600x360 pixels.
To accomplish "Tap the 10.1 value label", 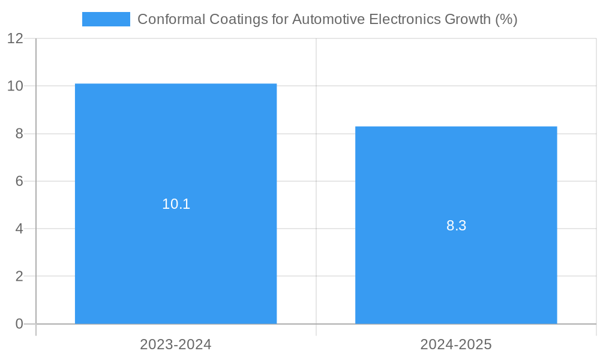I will point(176,204).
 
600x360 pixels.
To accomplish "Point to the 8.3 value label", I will point(456,226).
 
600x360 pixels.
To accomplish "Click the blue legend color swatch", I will point(106,19).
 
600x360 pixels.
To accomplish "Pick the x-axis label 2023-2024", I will point(176,344).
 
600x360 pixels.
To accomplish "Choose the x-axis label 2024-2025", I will point(456,344).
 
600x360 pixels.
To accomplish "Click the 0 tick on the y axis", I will point(19,324).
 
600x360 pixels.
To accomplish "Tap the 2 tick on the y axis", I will point(19,277).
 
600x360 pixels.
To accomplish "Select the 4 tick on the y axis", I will point(19,229).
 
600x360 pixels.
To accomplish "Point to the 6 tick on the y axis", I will point(19,181).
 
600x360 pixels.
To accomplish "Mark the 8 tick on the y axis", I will point(19,134).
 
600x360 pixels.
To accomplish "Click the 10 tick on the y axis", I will point(16,86).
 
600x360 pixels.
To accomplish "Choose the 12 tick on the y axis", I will point(16,38).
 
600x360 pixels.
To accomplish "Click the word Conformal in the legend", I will point(170,19).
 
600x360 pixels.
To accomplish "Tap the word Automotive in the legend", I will point(328,19).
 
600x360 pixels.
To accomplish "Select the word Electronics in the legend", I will point(404,19).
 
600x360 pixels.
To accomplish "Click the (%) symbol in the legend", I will point(506,19).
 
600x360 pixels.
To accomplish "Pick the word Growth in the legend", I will point(467,19).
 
